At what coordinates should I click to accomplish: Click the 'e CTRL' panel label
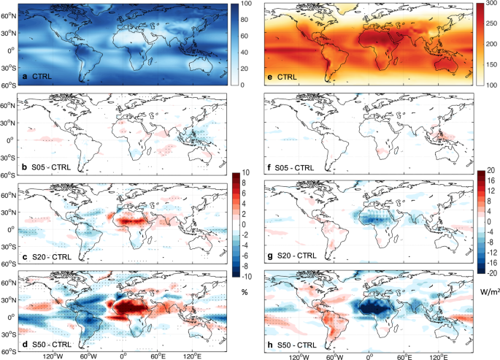pos(289,77)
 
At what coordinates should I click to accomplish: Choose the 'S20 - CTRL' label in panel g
pos(296,253)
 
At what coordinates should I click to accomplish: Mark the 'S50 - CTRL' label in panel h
pos(296,342)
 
